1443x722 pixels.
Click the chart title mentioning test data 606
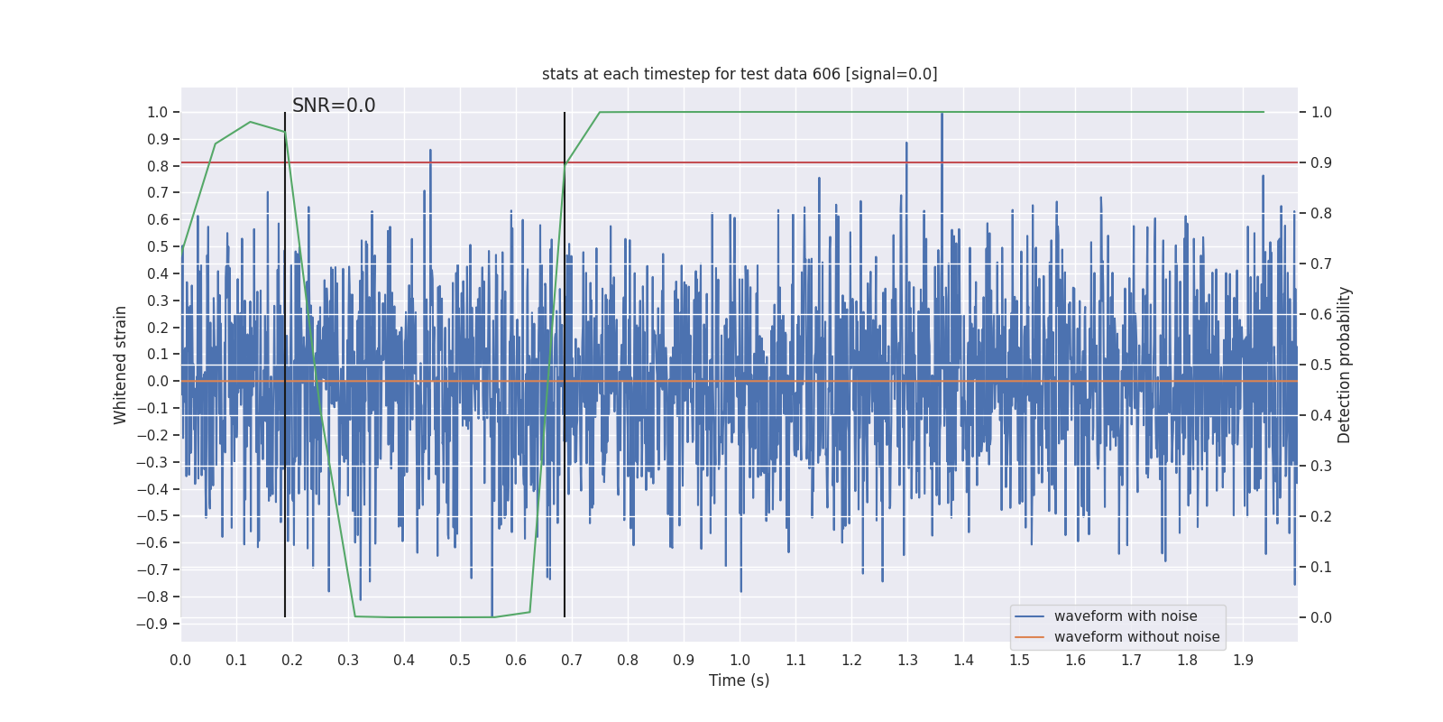[740, 74]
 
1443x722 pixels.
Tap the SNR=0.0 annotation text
[334, 106]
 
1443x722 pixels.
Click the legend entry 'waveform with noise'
[1126, 616]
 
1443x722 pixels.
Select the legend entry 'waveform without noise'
[1136, 637]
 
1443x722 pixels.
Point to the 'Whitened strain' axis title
[121, 365]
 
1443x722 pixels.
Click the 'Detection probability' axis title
[1345, 365]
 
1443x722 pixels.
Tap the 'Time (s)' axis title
[739, 680]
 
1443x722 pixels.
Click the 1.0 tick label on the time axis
[740, 660]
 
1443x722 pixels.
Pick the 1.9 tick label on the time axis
[1243, 660]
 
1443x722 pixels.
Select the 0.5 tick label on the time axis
[460, 660]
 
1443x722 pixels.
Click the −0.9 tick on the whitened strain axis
[152, 624]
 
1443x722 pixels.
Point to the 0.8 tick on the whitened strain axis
[157, 166]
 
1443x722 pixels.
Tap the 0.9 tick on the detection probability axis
[1321, 163]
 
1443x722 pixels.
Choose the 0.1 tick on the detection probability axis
[1321, 568]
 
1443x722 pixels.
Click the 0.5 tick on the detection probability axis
[1321, 366]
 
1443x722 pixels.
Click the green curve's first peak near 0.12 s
[250, 122]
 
